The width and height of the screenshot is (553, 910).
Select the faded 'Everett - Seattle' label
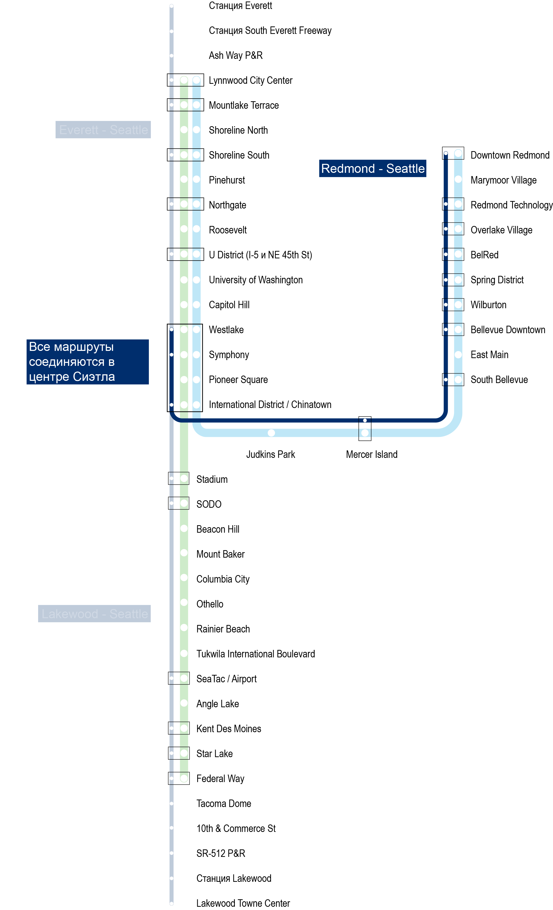(x=103, y=130)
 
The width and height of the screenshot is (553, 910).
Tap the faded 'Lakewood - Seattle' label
(x=94, y=613)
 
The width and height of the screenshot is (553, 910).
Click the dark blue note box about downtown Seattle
(x=88, y=362)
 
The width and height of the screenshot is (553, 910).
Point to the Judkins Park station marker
(x=271, y=432)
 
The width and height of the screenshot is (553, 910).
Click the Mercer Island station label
(x=371, y=454)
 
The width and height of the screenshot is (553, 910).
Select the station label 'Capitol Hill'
(x=229, y=305)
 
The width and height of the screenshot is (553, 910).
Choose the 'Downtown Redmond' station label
(x=510, y=155)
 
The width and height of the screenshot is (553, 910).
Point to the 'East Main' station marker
(x=458, y=355)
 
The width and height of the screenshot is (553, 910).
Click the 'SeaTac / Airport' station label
(x=226, y=679)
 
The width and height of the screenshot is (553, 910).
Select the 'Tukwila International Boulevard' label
(x=256, y=654)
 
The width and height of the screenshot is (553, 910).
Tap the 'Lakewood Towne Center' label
(x=243, y=903)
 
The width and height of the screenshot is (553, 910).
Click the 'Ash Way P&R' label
(x=236, y=55)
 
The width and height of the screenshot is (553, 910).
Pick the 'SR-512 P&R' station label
(x=220, y=853)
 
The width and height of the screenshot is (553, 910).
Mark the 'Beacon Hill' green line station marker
(x=184, y=528)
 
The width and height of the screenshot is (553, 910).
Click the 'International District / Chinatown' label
(x=270, y=404)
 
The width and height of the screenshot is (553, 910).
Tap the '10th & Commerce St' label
(x=236, y=828)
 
